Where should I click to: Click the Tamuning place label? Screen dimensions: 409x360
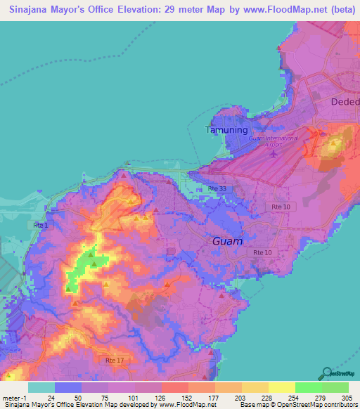pos(226,130)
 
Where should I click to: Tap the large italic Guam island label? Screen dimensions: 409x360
pos(228,241)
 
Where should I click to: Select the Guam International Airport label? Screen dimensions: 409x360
pos(273,141)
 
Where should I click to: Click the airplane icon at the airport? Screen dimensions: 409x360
pos(274,154)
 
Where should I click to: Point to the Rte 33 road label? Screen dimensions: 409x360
pos(218,189)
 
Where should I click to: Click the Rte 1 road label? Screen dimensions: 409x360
pos(41,225)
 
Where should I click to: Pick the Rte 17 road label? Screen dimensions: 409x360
pos(105,361)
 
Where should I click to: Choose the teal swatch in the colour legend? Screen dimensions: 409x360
pos(41,387)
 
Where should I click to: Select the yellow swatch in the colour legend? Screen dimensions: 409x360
pos(281,387)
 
